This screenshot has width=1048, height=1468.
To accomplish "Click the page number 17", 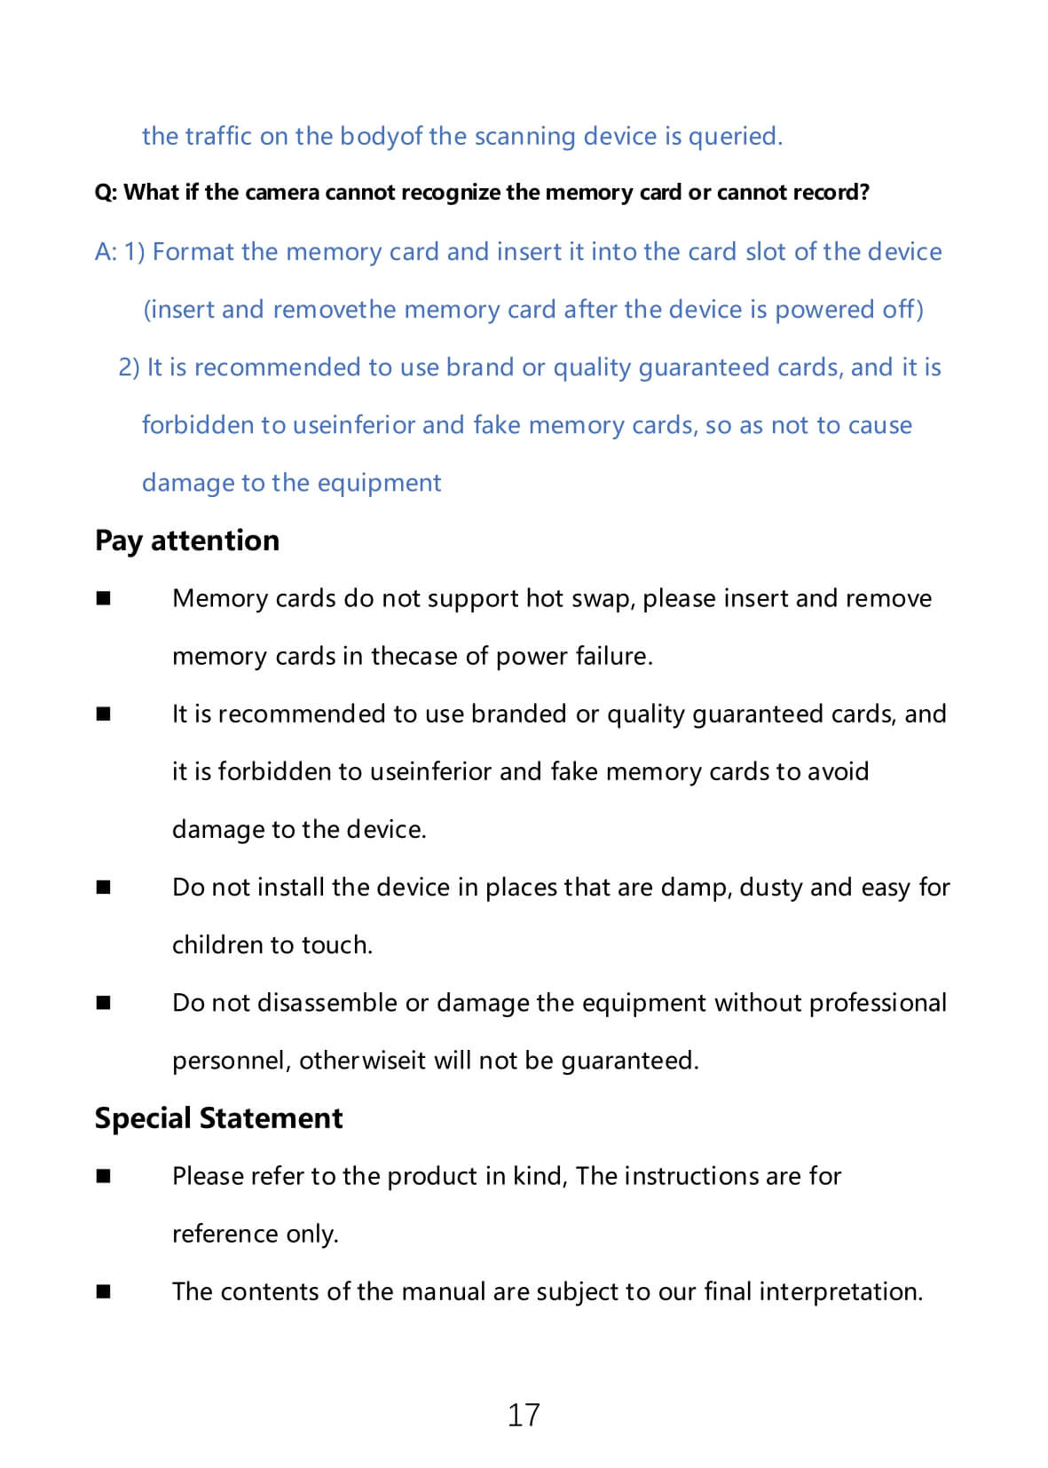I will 524,1414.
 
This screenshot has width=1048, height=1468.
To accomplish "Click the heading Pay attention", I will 187,541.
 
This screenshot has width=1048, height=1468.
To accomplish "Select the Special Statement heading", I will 218,1118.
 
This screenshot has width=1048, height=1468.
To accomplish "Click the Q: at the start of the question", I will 106,193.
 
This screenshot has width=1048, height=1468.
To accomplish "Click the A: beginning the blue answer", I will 106,252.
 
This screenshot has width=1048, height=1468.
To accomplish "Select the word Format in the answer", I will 193,252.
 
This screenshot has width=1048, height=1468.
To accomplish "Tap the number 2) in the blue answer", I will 130,367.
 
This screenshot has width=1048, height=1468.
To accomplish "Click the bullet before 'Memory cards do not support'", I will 104,599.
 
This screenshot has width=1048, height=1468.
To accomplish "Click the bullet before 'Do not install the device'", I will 104,888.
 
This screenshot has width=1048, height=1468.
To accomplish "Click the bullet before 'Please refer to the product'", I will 104,1177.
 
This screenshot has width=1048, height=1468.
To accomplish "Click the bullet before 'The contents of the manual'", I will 104,1292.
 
